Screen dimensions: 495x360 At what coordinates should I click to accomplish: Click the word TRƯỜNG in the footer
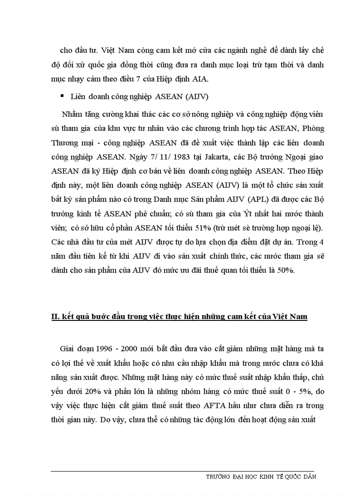221,477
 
